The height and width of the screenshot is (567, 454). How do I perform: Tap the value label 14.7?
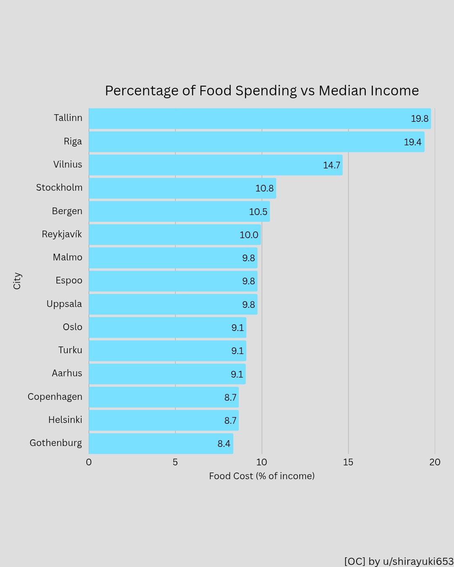331,165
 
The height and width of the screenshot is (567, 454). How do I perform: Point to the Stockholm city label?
59,188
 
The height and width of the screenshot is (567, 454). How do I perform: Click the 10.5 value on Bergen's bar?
258,212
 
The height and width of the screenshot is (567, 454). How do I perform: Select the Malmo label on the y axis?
68,257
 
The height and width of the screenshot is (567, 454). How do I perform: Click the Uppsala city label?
64,304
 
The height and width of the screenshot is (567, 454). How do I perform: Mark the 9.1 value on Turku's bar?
238,351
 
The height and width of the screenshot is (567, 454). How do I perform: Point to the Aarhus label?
67,373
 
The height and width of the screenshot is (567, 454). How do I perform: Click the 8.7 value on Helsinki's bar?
230,420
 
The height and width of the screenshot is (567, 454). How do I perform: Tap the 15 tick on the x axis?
348,462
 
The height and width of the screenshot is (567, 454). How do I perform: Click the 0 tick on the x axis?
89,462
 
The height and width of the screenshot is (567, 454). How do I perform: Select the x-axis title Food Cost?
261,476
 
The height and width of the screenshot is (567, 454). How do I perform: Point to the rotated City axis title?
17,281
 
